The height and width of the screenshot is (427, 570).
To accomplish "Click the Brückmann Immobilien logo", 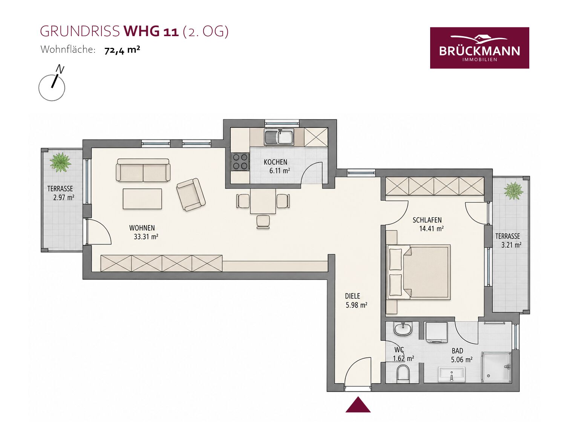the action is [480, 48].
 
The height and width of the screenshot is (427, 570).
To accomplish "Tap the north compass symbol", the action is [52, 84].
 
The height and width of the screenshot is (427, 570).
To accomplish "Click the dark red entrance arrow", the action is [358, 404].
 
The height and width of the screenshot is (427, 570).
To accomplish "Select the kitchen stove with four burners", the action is [240, 162].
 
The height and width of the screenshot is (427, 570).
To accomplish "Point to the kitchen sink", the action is [279, 137].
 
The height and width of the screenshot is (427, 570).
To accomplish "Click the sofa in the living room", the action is [143, 170].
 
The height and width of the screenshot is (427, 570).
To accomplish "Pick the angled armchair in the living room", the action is [191, 194].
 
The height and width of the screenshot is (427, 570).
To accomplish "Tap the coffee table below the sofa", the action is [142, 198].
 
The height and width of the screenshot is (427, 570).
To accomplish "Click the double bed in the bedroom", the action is [418, 272].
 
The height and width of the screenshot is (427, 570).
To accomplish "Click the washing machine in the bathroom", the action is [437, 332].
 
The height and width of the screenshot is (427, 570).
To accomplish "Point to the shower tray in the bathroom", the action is [496, 367].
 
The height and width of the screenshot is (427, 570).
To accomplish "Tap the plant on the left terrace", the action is [60, 162].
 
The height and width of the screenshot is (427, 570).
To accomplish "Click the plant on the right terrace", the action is [513, 191].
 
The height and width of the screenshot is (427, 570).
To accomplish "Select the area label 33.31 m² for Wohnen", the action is [146, 237].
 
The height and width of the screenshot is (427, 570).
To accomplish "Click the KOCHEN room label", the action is [276, 162].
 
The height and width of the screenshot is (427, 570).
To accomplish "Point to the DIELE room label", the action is [352, 296].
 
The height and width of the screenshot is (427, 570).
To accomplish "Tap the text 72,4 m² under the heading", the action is [122, 50].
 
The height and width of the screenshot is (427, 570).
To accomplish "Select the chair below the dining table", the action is [263, 222].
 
